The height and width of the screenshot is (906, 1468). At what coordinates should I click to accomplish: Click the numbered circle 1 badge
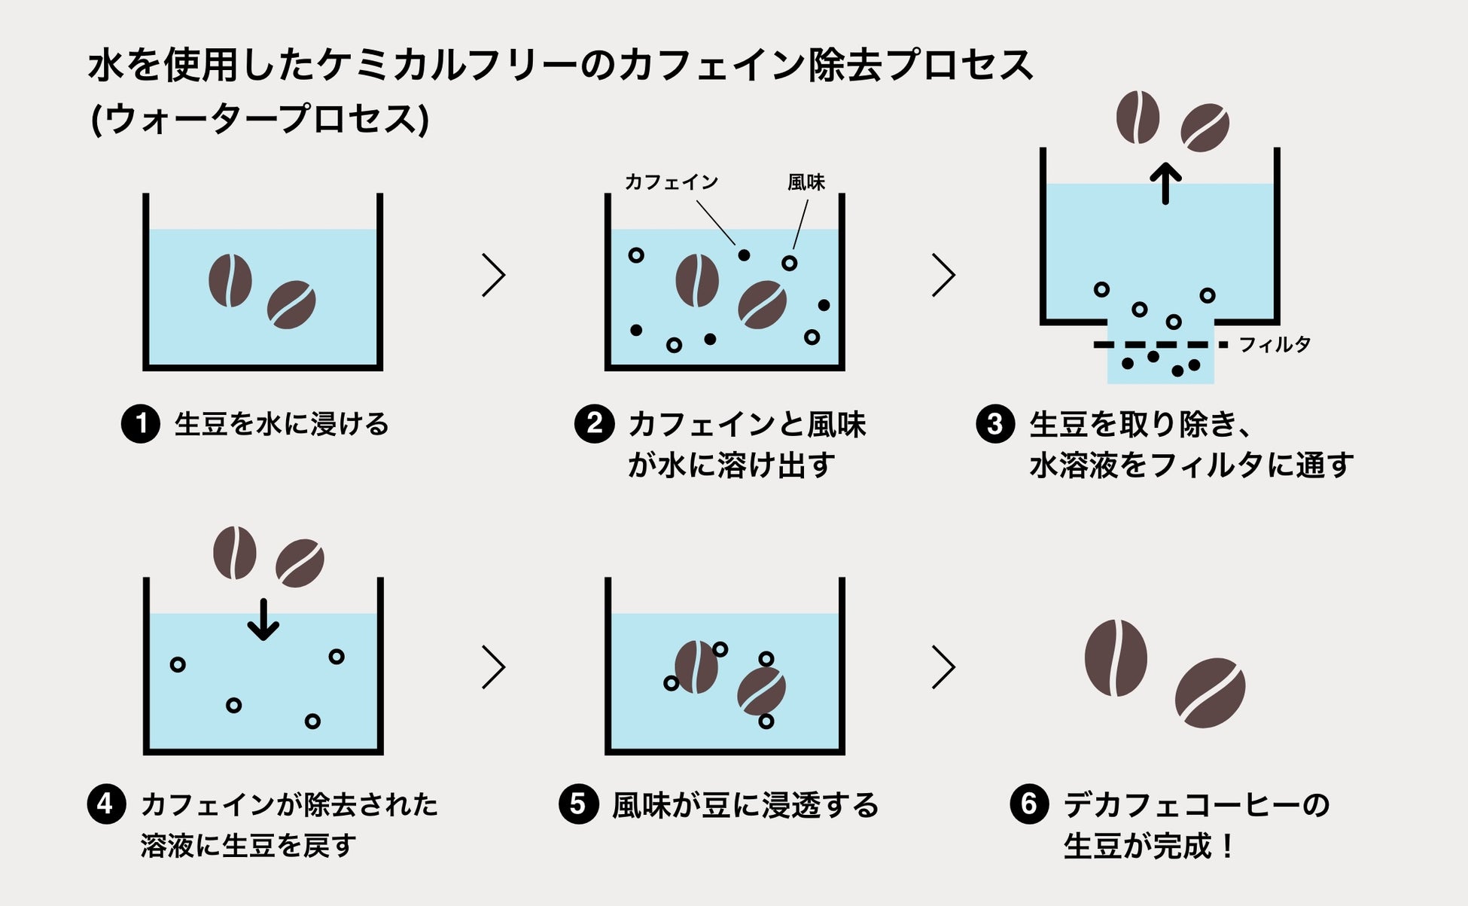point(141,423)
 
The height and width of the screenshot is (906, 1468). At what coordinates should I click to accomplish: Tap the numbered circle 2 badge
point(594,423)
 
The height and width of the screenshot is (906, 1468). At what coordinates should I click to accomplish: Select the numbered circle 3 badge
point(995,424)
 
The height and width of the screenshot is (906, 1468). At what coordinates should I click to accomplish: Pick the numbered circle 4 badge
point(106,804)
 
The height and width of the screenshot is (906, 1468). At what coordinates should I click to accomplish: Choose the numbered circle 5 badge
point(578,804)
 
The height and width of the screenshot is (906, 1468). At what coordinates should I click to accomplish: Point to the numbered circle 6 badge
point(1029,804)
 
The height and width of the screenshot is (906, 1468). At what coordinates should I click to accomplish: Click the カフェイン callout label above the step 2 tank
point(672,182)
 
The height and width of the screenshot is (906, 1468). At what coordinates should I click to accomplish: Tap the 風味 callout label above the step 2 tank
point(806,182)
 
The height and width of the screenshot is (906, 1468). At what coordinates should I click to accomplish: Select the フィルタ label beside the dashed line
point(1275,345)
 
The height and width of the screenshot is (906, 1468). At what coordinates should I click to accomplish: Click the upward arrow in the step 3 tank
point(1165,184)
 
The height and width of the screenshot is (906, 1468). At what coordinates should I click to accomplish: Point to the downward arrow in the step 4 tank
point(263,619)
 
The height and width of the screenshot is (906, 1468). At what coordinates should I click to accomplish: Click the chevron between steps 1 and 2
point(493,275)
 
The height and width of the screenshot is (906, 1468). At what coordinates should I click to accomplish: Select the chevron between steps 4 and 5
point(493,667)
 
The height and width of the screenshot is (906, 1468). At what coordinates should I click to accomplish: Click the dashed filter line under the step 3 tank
point(1159,345)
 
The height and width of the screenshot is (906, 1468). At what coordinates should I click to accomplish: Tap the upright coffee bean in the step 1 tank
point(230,280)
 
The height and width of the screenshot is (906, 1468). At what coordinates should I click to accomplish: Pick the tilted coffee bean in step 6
point(1210,692)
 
